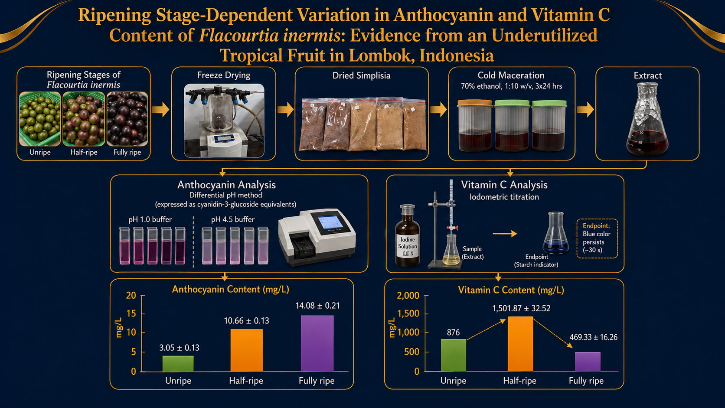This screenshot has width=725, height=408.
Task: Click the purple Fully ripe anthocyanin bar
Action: (x=317, y=343)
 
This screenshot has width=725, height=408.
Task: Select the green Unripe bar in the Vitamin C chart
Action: (x=454, y=355)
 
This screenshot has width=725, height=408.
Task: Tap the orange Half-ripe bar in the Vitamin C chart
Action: (x=520, y=343)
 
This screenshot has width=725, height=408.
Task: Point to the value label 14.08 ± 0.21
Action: (x=317, y=306)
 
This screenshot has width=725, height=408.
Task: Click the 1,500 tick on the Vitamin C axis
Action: (x=408, y=313)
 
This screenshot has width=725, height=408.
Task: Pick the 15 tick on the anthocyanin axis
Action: (x=131, y=313)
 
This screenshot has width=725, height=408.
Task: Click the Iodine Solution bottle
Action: (x=408, y=236)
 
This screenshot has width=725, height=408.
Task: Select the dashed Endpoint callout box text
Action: (x=597, y=238)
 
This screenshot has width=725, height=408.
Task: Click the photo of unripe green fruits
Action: (x=40, y=119)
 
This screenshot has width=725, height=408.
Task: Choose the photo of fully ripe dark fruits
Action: (x=127, y=119)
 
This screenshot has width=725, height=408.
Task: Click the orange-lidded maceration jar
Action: (x=475, y=126)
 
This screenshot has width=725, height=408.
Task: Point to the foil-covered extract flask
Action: (x=647, y=119)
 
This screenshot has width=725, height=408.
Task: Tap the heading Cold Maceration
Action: (x=511, y=75)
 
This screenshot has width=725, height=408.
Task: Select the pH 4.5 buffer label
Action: (x=233, y=219)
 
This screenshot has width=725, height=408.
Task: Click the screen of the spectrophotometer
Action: (x=330, y=222)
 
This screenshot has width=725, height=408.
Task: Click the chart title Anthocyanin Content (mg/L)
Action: (x=230, y=289)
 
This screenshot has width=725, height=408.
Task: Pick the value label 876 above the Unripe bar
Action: (x=453, y=332)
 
